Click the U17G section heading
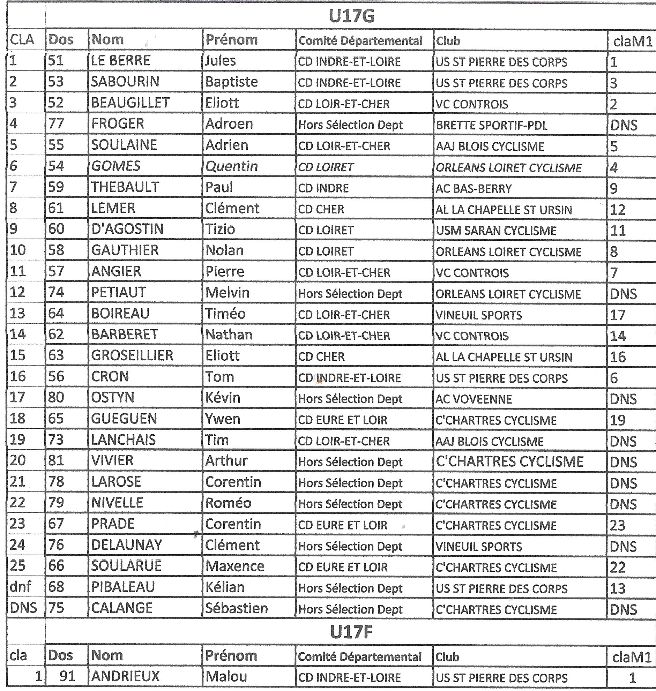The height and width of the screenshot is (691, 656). tap(351, 16)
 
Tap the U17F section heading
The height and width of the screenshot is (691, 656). tap(351, 632)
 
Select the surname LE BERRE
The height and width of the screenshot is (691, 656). tap(121, 61)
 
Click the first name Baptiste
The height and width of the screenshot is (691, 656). tap(231, 82)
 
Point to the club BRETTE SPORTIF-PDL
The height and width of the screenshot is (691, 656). tap(491, 125)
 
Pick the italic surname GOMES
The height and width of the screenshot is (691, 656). tap(116, 166)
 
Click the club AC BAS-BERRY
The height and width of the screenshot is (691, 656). tap(474, 188)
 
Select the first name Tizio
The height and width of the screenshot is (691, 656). tap(220, 229)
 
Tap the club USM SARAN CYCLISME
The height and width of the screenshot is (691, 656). tap(496, 231)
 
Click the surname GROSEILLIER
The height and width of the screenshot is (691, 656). tap(132, 355)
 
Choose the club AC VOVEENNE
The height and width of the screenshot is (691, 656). tap(474, 399)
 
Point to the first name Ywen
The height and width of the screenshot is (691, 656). tap(223, 419)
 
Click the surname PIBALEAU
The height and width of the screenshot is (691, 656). tap(123, 587)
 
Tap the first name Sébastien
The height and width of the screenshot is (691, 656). tap(236, 608)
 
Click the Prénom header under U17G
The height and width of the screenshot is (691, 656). tap(231, 40)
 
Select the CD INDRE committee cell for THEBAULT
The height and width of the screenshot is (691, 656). tap(323, 188)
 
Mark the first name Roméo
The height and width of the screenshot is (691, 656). tap(228, 503)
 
